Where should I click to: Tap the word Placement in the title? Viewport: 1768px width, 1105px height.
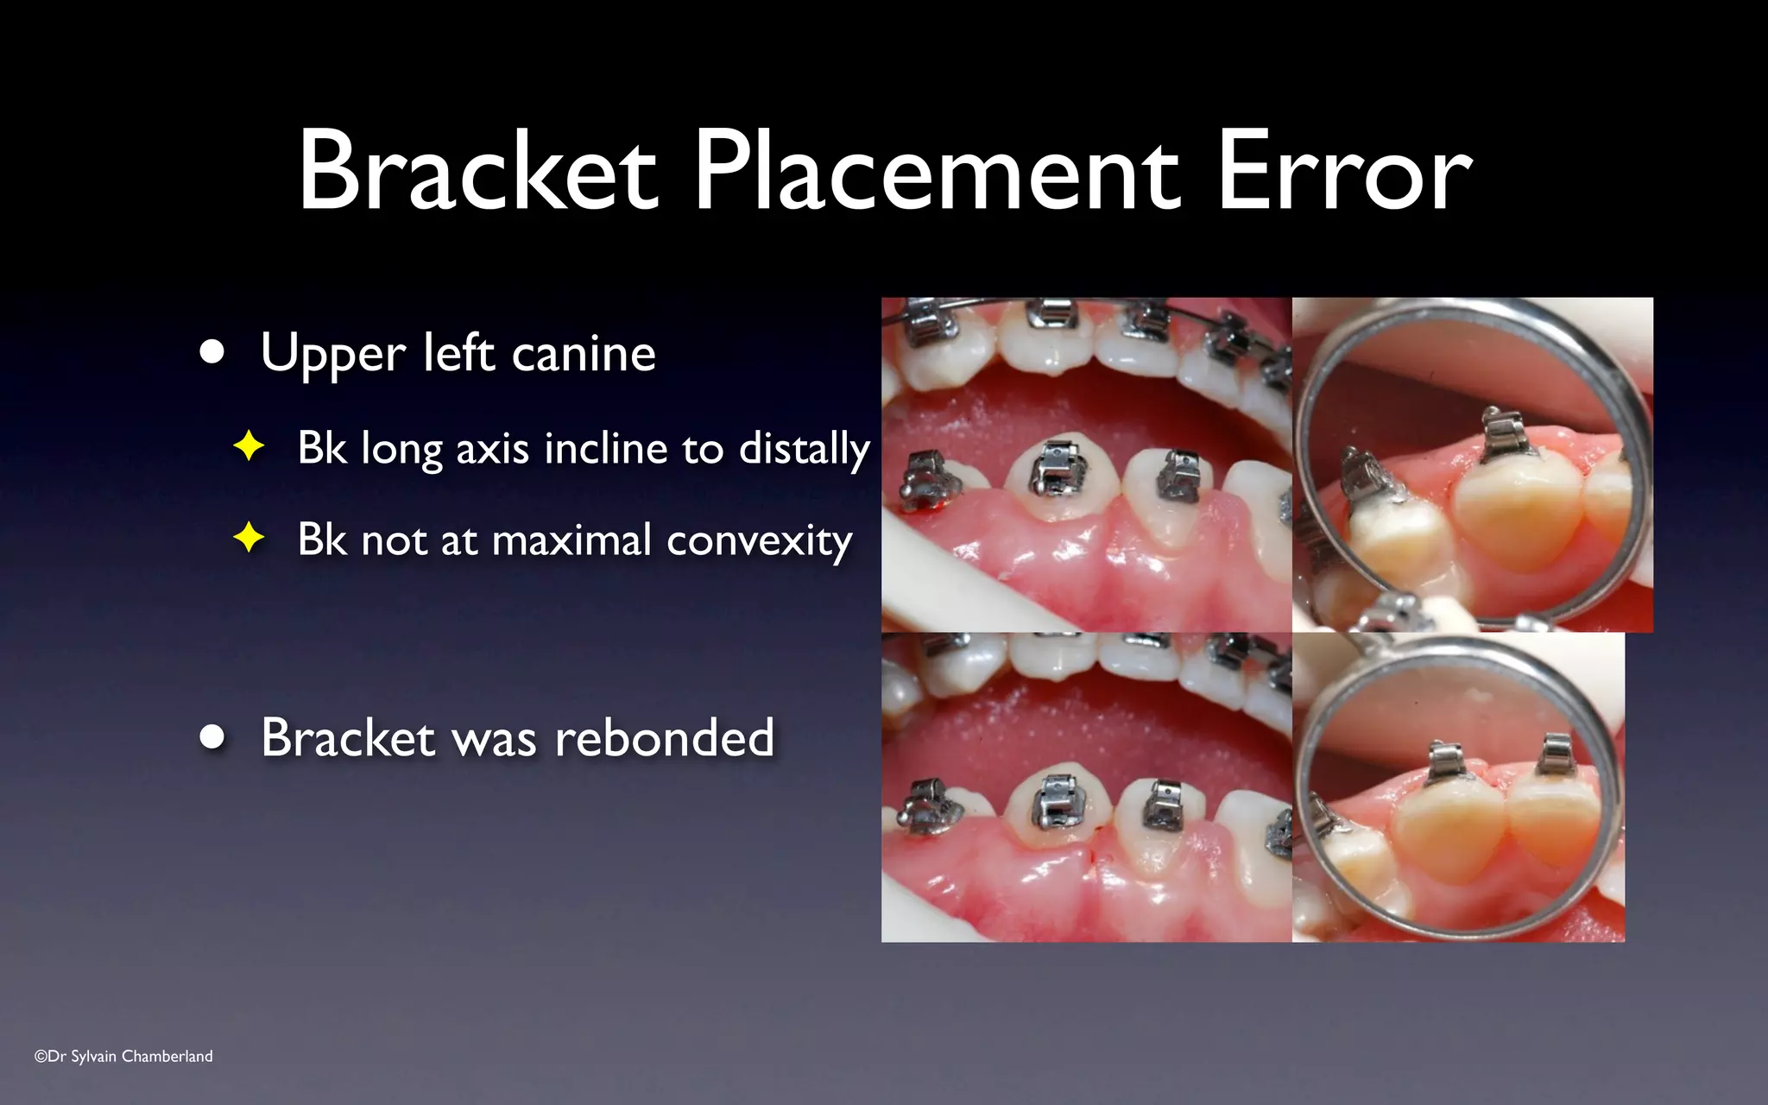coord(936,170)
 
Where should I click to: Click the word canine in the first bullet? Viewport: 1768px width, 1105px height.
coord(584,354)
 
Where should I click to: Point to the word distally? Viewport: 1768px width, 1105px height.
coord(804,450)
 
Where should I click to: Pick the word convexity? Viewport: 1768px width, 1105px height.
coord(760,541)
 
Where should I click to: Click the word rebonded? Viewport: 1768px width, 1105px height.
coord(664,738)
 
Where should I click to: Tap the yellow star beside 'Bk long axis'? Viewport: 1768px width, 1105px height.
coord(249,446)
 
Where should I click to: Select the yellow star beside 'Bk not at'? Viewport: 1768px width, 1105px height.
coord(249,538)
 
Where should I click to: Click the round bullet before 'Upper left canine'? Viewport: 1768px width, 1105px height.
coord(212,352)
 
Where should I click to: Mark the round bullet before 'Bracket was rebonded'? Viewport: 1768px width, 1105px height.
coord(212,737)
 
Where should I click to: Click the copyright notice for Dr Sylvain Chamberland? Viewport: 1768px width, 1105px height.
coord(123,1056)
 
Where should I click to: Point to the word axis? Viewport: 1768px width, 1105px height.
coord(492,449)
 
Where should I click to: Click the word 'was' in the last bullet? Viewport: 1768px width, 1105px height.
coord(494,739)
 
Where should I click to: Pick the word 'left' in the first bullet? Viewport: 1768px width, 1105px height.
coord(458,354)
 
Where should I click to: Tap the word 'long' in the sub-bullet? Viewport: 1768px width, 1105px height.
coord(401,450)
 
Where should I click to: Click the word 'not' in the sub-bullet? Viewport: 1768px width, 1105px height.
coord(394,541)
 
